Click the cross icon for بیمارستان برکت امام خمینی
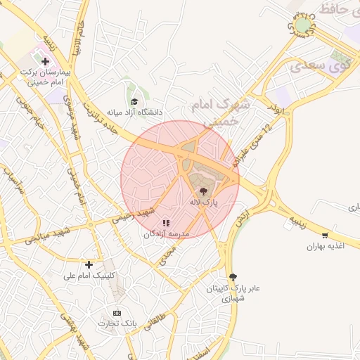tap(46, 62)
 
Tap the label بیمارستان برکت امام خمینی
tap(46, 77)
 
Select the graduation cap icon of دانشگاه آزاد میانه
tap(134, 101)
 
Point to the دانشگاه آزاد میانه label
tap(134, 112)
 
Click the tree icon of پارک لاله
tap(204, 191)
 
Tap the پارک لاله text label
tap(204, 202)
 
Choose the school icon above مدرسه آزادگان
tap(166, 224)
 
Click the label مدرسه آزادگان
tap(167, 234)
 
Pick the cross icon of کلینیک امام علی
tap(89, 265)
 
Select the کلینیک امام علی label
tap(89, 276)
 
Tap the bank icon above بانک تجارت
tap(117, 313)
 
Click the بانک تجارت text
tap(117, 323)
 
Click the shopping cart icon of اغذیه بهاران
tap(324, 236)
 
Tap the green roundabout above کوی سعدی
tap(303, 26)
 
